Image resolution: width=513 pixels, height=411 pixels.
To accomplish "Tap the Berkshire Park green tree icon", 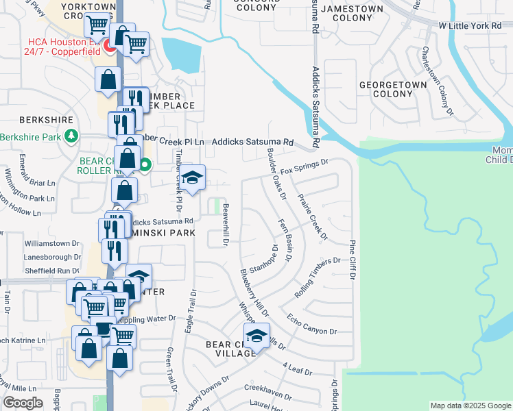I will click(x=72, y=136).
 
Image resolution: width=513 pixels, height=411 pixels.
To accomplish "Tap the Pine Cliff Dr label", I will click(x=352, y=260).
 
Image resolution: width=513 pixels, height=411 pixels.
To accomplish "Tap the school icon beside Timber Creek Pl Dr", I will click(x=192, y=178).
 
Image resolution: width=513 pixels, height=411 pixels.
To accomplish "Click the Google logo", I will click(x=23, y=403).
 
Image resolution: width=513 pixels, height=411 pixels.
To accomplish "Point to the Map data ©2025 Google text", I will click(x=470, y=406).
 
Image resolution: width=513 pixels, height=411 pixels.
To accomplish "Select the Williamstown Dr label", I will click(x=52, y=243).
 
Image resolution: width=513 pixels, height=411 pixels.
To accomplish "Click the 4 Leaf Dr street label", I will click(x=296, y=371).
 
